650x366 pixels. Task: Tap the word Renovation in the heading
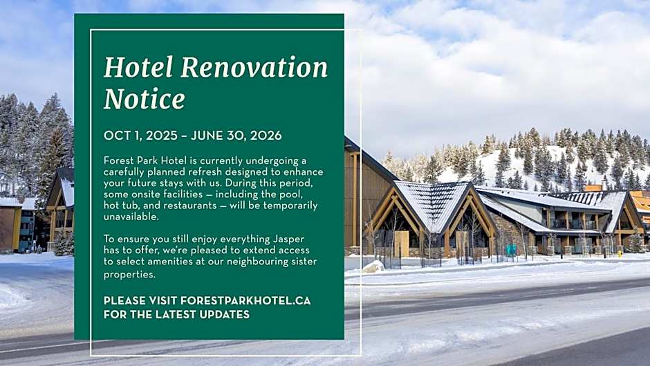pos(254,67)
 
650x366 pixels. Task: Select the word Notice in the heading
pos(145,99)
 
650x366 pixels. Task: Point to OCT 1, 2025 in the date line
pos(140,136)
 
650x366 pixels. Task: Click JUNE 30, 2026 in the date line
pos(236,136)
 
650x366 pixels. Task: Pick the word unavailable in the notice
pos(131,217)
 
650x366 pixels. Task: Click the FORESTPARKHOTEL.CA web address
pos(245,301)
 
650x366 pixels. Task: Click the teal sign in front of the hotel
pos(511,250)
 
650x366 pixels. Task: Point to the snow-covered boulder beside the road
pos(373,266)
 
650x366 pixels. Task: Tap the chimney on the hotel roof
pos(593,188)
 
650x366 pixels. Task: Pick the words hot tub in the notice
pos(120,205)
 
